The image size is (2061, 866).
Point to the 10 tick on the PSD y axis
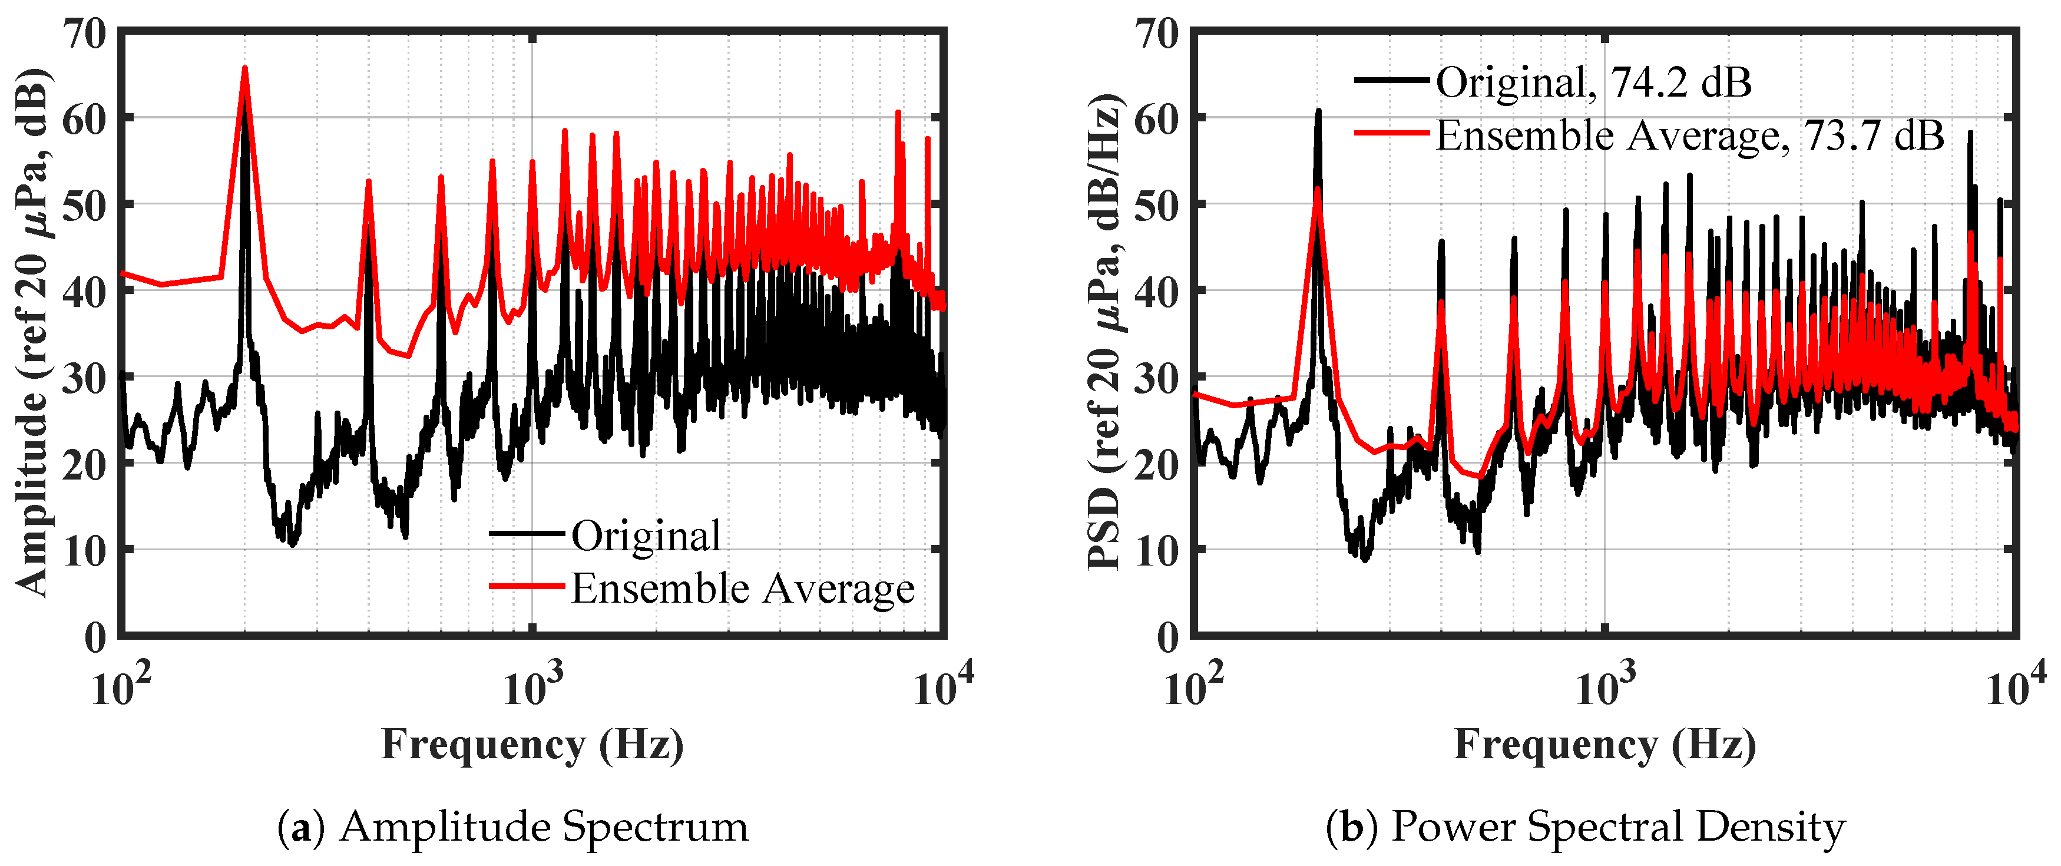1157,551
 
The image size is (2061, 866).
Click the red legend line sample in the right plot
1391,133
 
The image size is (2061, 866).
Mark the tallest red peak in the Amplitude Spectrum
245,69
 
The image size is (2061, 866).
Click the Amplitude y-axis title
34,332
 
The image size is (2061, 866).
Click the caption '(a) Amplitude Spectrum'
513,827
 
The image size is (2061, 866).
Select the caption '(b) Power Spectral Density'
1585,827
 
